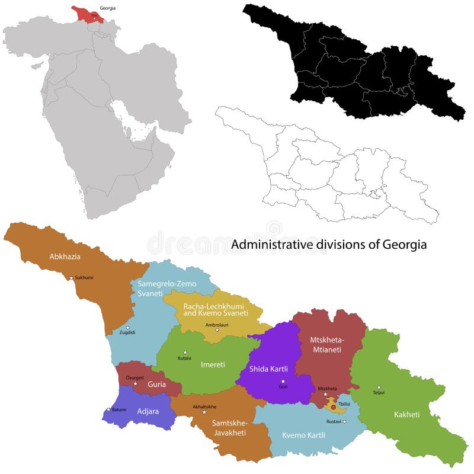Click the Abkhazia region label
(65, 257)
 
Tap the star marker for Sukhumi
(72, 277)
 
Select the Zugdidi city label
(127, 332)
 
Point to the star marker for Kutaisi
(185, 352)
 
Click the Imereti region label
(213, 364)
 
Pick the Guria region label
(156, 384)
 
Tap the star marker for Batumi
(108, 409)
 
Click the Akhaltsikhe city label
(204, 406)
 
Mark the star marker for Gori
(283, 381)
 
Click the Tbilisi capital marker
(333, 408)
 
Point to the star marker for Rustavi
(344, 421)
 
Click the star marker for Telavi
(379, 387)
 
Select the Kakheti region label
(406, 414)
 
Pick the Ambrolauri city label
(216, 325)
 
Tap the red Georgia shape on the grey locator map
(88, 14)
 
